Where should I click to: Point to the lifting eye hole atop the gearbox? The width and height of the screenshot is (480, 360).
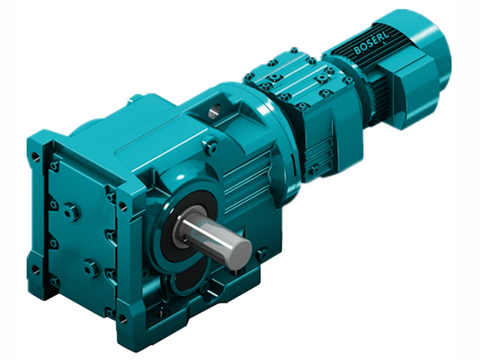tap(215, 110)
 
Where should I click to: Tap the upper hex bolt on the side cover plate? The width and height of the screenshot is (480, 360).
tap(71, 211)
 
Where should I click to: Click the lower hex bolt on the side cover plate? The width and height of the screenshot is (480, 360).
tap(91, 268)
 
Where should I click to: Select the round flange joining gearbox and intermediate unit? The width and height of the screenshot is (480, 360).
tap(282, 138)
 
